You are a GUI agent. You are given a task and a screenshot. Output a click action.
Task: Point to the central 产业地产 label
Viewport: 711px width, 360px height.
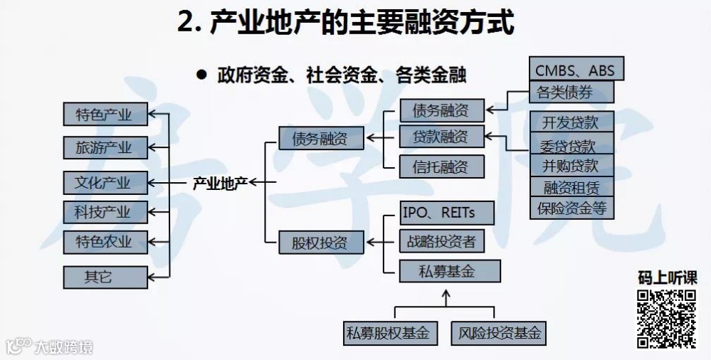pos(220,183)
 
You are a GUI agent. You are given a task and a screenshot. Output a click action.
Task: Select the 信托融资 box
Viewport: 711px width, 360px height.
pos(441,166)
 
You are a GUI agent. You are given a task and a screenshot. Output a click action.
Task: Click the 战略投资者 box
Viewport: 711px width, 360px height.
pos(441,241)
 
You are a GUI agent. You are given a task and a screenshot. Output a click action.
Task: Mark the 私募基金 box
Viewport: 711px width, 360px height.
pos(450,272)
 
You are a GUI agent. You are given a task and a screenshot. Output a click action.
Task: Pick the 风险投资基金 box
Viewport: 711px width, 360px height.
pos(498,332)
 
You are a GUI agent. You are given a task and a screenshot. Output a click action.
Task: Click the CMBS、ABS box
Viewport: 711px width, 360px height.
pos(576,70)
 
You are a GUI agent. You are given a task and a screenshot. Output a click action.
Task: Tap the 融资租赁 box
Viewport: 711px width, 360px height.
pos(571,187)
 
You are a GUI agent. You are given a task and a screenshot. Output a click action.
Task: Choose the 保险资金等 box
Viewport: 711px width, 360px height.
pos(571,208)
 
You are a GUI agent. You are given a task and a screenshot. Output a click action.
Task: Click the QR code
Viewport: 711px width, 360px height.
pos(666,319)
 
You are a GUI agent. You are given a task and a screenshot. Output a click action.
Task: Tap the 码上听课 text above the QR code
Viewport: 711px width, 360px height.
pos(666,278)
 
